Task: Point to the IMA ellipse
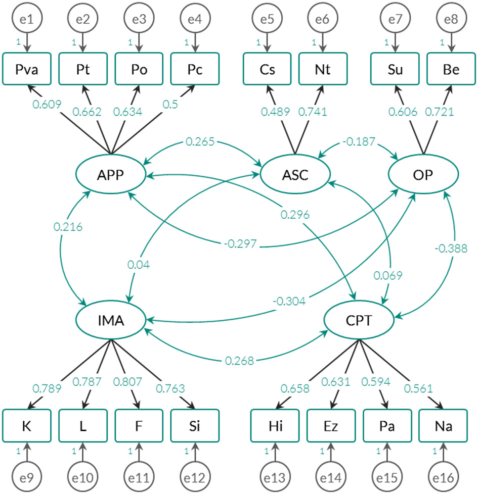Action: coord(111,320)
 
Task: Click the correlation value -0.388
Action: coord(451,249)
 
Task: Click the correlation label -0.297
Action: coord(240,244)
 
